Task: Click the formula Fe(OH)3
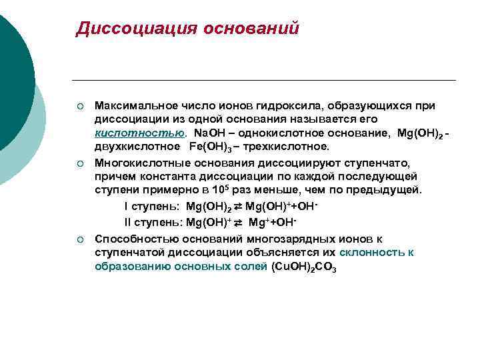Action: coord(211,147)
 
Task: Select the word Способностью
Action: coord(129,238)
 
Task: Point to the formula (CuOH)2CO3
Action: coord(304,267)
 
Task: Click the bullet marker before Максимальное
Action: coord(79,106)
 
